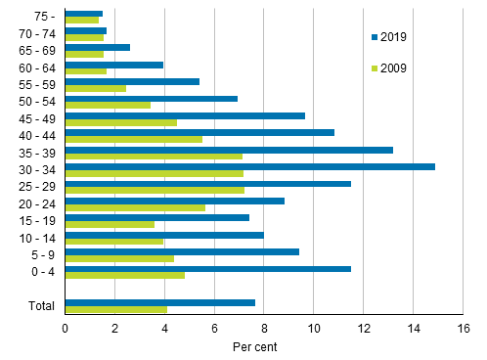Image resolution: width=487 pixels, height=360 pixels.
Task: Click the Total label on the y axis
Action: [x=41, y=306]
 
